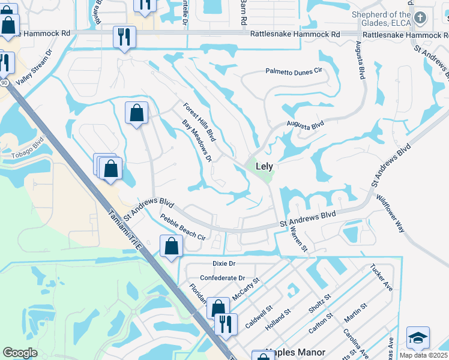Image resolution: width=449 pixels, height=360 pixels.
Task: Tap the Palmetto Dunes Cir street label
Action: (294, 71)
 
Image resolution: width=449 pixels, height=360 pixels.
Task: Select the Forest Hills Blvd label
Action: (199, 122)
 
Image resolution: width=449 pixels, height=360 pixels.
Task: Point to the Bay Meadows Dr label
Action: (197, 140)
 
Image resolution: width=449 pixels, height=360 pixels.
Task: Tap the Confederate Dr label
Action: (223, 278)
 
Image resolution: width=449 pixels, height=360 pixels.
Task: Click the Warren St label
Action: (298, 239)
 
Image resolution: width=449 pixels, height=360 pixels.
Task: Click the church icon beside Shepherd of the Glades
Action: (420, 18)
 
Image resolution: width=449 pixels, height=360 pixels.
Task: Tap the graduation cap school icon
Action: (418, 338)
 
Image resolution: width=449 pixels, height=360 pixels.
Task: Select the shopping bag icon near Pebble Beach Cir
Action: (171, 246)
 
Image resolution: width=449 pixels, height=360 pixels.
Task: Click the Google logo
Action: (20, 353)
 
